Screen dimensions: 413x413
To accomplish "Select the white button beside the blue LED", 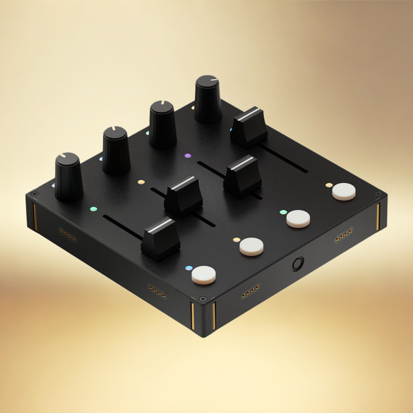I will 203,275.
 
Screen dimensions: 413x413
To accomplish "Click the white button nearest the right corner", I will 344,192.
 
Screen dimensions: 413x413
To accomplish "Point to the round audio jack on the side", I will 298,264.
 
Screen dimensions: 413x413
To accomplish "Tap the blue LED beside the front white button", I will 188,269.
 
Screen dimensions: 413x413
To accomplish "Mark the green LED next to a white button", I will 283,212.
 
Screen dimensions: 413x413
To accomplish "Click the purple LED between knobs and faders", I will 188,155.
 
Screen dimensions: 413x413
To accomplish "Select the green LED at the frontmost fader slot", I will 94,209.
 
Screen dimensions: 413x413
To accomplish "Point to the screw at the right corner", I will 378,194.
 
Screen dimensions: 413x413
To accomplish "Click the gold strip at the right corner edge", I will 378,217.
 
